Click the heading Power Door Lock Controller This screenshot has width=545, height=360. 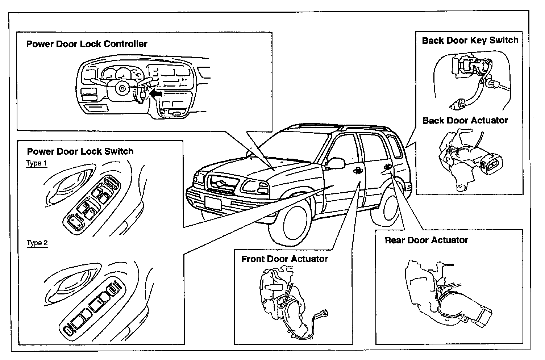(x=87, y=44)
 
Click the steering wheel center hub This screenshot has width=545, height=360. (x=121, y=88)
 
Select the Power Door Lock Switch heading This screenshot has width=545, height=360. (x=80, y=151)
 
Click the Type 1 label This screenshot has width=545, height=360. (x=37, y=163)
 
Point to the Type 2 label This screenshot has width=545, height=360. (x=37, y=243)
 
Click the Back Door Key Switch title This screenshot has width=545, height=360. (x=470, y=40)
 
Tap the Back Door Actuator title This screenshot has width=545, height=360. (x=465, y=120)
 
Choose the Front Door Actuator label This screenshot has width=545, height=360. (x=285, y=259)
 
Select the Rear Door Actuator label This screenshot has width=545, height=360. (x=426, y=240)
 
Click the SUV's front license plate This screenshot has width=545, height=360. (x=213, y=203)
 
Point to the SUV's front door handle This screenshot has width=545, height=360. (x=357, y=171)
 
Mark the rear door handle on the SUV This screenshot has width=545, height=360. (x=387, y=167)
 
